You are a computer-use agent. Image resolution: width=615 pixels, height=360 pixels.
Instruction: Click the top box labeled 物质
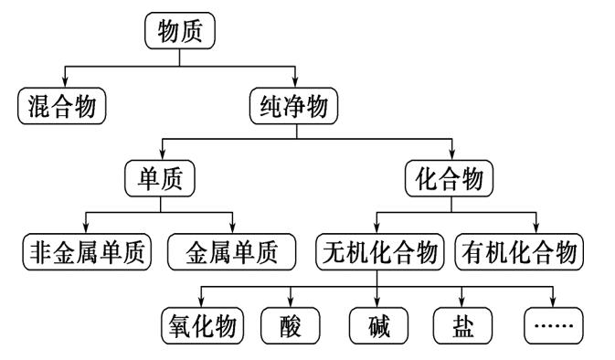tap(179, 33)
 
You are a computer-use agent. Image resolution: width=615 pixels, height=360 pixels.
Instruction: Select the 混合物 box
tap(62, 106)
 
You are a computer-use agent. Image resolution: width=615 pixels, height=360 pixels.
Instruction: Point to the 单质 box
tap(161, 178)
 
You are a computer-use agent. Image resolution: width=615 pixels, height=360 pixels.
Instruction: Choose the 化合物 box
tap(449, 178)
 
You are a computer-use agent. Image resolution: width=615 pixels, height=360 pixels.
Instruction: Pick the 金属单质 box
tap(234, 251)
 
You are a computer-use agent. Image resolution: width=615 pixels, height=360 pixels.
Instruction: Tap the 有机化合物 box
tap(520, 251)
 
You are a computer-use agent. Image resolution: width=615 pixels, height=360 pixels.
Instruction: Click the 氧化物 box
tap(203, 323)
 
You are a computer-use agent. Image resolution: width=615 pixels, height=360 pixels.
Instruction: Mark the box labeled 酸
tap(291, 323)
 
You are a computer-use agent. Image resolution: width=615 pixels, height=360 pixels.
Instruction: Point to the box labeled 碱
tap(376, 323)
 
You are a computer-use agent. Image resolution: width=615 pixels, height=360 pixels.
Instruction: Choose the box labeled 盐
tap(461, 323)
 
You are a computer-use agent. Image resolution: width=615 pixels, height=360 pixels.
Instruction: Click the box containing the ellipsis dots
tap(553, 323)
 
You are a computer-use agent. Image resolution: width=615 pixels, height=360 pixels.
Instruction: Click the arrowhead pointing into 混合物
tap(62, 82)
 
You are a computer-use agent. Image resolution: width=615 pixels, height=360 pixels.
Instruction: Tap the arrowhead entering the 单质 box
tap(161, 154)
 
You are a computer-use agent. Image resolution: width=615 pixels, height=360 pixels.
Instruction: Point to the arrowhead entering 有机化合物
tap(537, 228)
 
